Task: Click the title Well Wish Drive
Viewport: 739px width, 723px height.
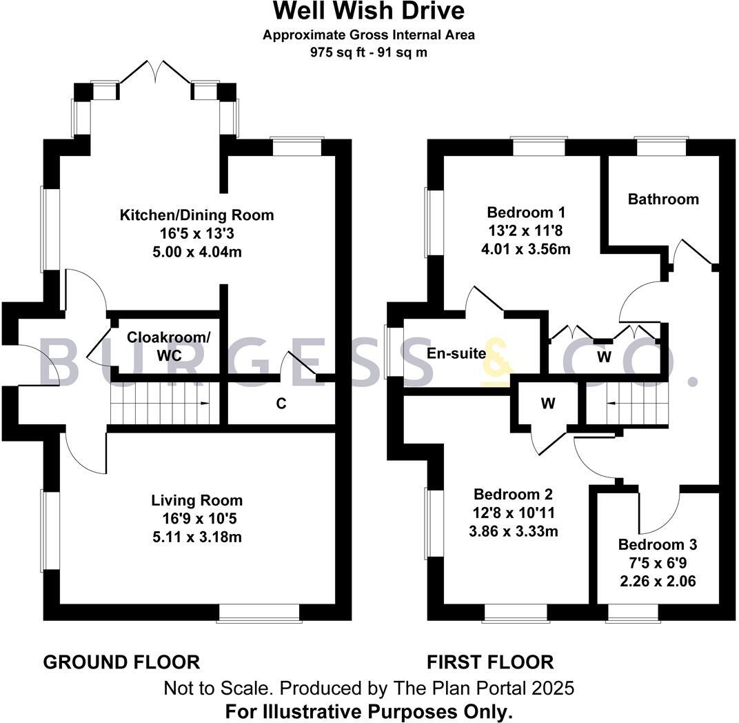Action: coord(369,12)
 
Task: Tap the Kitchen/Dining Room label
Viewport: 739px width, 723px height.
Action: coord(197,215)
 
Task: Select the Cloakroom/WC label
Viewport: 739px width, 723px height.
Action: coord(169,346)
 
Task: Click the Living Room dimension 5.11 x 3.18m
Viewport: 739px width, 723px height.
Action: coord(197,536)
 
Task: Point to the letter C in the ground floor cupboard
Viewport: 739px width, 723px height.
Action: coord(281,404)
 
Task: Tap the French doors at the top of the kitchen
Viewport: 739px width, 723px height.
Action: coord(156,72)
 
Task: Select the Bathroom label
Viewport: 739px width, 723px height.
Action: coord(663,199)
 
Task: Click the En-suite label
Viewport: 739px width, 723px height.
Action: coord(456,354)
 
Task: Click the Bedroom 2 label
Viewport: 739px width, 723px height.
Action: coord(513,495)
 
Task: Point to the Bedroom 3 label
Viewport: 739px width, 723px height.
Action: coord(657,544)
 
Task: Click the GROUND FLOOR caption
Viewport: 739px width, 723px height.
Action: coord(121,662)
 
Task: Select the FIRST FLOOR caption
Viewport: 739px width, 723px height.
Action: coord(490,662)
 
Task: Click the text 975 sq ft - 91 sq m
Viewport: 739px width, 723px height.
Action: coord(369,52)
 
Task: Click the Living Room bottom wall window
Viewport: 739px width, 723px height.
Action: coord(258,613)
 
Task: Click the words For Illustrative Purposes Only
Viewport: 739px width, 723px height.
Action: coord(369,711)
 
